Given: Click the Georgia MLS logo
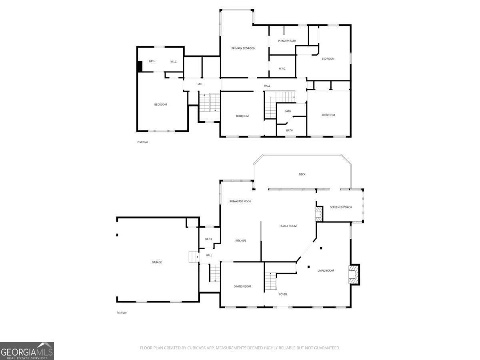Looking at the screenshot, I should click(27, 351).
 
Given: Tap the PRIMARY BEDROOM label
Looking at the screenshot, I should click(243, 48).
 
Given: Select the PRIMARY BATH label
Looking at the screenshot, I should click(287, 41).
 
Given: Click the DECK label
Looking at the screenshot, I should click(302, 174).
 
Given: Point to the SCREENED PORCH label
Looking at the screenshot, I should click(341, 207).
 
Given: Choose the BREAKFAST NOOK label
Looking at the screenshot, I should click(240, 201).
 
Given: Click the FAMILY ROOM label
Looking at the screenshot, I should click(288, 226).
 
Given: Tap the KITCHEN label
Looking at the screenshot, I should click(240, 240).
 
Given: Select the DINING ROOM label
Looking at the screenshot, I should click(242, 286).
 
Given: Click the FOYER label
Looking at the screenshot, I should click(283, 294).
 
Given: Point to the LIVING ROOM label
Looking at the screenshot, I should click(326, 271).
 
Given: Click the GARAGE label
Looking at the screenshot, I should click(157, 262).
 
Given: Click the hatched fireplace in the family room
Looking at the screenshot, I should click(318, 214).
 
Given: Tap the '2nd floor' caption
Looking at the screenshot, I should click(142, 142).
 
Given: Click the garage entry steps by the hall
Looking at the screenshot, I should click(194, 257).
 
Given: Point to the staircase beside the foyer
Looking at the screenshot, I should click(271, 281).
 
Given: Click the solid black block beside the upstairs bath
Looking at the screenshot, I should click(140, 66).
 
